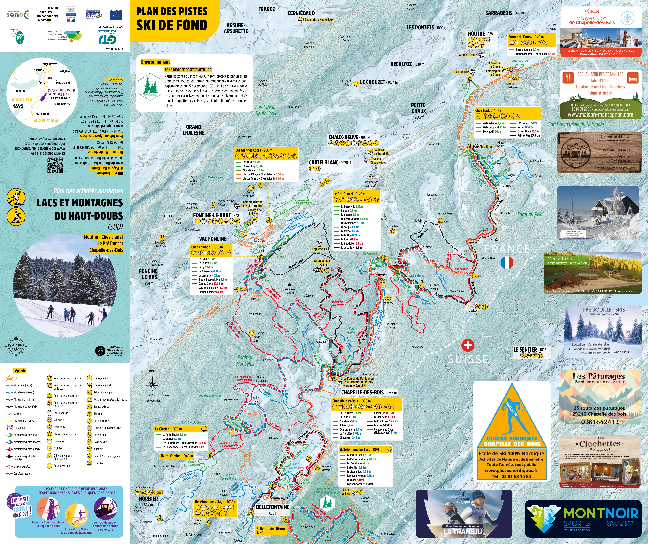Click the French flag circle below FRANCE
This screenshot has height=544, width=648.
pos(507,262)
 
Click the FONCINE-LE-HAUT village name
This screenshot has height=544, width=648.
pos(212,215)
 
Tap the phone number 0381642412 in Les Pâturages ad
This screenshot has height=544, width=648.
pos(600,422)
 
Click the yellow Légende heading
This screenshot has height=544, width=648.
pos(20,371)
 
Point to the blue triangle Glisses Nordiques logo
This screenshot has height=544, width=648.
pos(512,415)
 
